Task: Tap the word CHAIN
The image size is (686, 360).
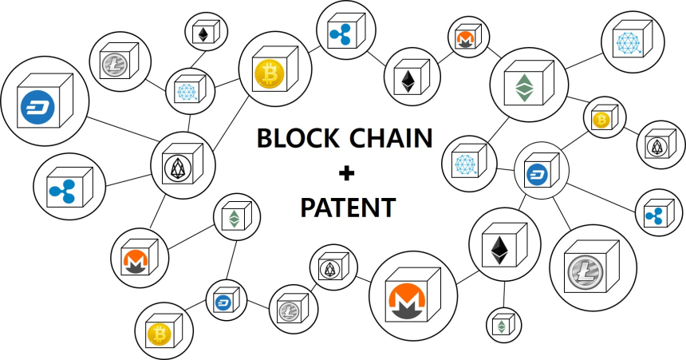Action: coord(391,138)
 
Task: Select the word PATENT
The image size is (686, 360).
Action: coord(347,208)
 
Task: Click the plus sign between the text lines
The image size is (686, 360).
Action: coord(346,173)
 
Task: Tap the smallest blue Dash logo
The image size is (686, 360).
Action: coord(223,302)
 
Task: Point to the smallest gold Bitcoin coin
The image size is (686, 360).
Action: coord(601,121)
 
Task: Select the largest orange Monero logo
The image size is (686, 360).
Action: coord(407,299)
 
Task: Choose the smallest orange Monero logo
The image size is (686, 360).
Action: coord(463,38)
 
